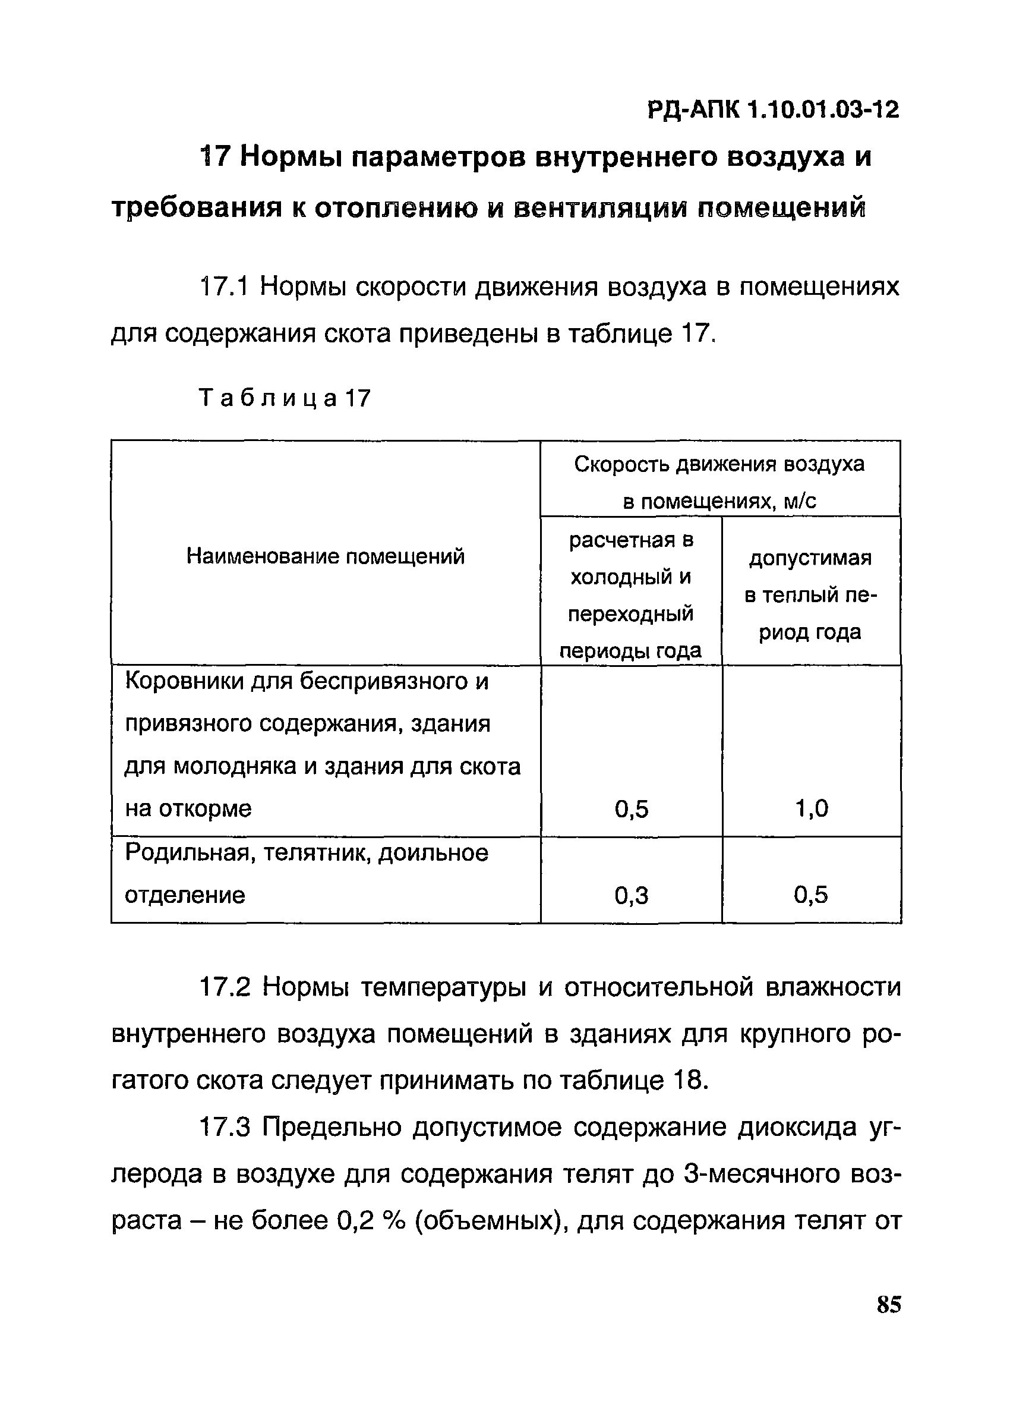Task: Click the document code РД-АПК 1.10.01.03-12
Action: click(773, 111)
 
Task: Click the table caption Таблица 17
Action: click(285, 398)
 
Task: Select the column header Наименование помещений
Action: click(326, 556)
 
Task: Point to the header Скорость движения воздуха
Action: click(719, 464)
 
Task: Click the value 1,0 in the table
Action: click(812, 809)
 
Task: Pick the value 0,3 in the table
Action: click(631, 895)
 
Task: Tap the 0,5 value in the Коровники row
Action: click(631, 809)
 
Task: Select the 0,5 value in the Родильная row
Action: click(812, 895)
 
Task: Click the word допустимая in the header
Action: click(810, 558)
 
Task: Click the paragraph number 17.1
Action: click(223, 287)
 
